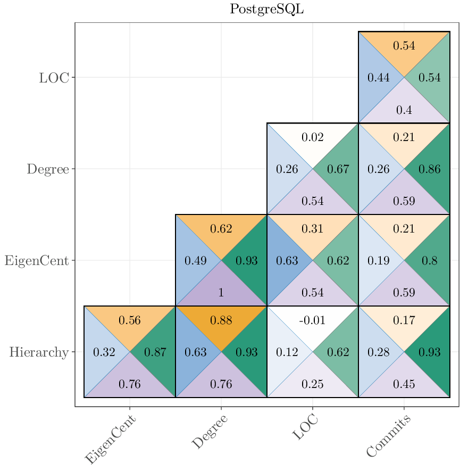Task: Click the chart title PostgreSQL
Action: pyautogui.click(x=266, y=9)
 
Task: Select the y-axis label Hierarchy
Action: pyautogui.click(x=38, y=352)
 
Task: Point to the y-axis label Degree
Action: pyautogui.click(x=48, y=169)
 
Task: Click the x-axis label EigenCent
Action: pyautogui.click(x=111, y=440)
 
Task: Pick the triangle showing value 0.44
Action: pyautogui.click(x=378, y=78)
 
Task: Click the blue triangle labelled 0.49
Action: pyautogui.click(x=195, y=261)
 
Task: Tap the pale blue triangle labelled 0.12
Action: pyautogui.click(x=287, y=352)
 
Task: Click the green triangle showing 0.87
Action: pyautogui.click(x=155, y=352)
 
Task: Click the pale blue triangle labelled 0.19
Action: pyautogui.click(x=378, y=261)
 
